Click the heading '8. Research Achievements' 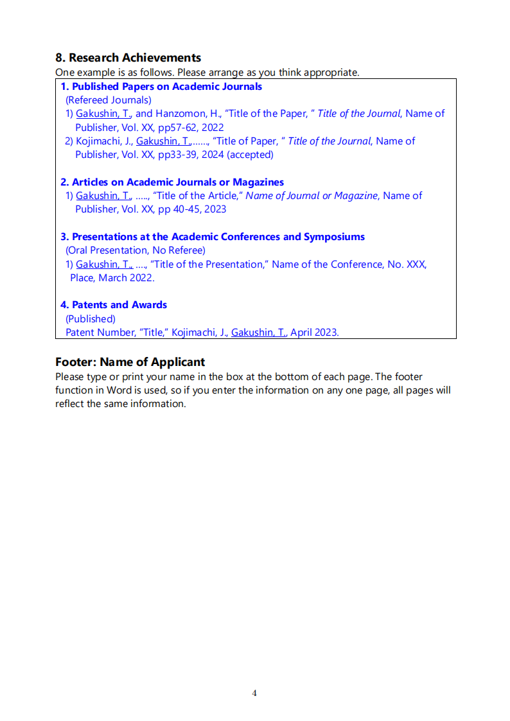[x=128, y=58]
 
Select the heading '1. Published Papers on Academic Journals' [x=161, y=87]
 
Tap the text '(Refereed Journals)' [x=109, y=100]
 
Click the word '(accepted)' [x=250, y=155]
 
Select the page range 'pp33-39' [x=176, y=155]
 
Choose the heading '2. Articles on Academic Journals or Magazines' [x=172, y=182]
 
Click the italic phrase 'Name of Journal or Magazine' [x=312, y=196]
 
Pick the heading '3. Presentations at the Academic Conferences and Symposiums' [x=213, y=237]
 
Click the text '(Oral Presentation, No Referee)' [x=136, y=250]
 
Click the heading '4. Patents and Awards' [x=114, y=305]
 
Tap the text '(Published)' [x=91, y=318]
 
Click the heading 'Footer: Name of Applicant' [x=130, y=362]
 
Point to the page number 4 [x=254, y=693]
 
